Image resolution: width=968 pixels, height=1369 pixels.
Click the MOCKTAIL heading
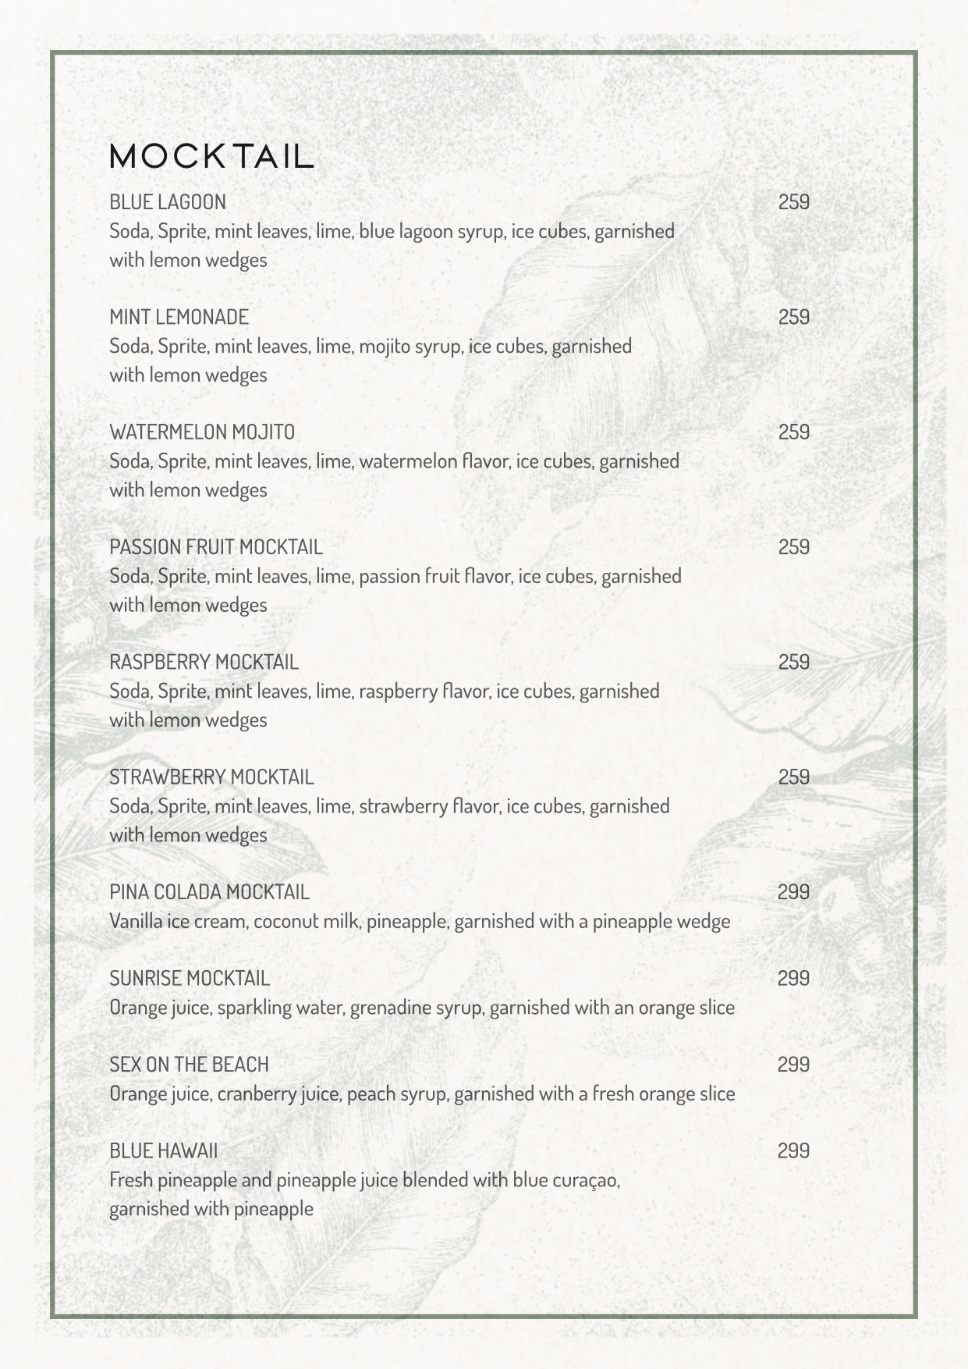(211, 157)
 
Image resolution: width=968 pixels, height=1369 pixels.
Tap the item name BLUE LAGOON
(168, 202)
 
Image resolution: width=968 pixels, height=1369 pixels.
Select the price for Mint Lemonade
(793, 317)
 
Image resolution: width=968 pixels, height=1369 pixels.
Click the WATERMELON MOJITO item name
(202, 432)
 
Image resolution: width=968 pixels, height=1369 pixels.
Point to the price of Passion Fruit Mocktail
(793, 547)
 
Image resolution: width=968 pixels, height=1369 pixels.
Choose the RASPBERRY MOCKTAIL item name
(204, 663)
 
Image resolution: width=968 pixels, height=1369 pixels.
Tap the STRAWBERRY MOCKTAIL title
(211, 777)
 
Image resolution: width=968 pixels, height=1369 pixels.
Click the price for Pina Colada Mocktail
(793, 892)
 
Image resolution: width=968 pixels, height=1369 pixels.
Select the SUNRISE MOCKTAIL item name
(190, 979)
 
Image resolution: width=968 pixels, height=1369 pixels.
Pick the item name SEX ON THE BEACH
(189, 1065)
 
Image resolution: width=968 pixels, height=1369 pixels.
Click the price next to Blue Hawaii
(793, 1151)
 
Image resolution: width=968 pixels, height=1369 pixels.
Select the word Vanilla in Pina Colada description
(137, 922)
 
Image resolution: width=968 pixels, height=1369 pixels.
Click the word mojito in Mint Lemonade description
(385, 347)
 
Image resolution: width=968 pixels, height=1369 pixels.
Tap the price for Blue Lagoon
(793, 202)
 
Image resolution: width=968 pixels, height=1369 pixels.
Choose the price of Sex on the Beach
(793, 1065)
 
